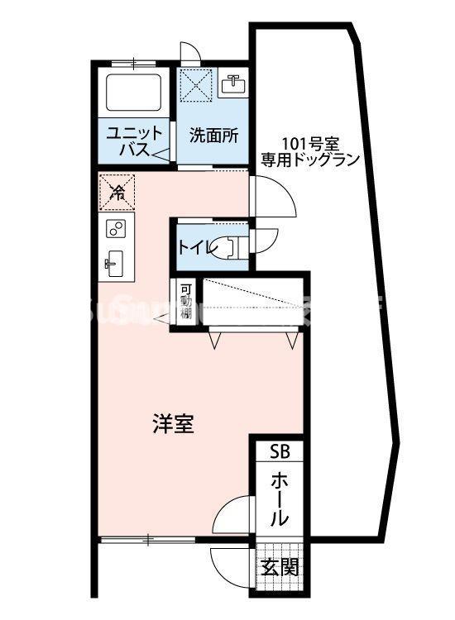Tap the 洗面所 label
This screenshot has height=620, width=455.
pos(213,135)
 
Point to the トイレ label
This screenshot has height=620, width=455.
pos(194,246)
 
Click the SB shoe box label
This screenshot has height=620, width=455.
pos(280,451)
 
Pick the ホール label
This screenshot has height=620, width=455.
pos(280,499)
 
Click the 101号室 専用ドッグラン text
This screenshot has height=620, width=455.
pos(310,150)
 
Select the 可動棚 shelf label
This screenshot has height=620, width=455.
pos(187,303)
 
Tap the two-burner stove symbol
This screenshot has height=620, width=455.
pos(117,228)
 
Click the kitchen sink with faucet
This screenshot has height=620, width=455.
pos(114,263)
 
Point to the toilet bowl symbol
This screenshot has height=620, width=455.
pos(225,246)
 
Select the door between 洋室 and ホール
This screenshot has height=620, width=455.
pos(234,517)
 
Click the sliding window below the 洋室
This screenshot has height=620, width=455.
pos(147,540)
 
